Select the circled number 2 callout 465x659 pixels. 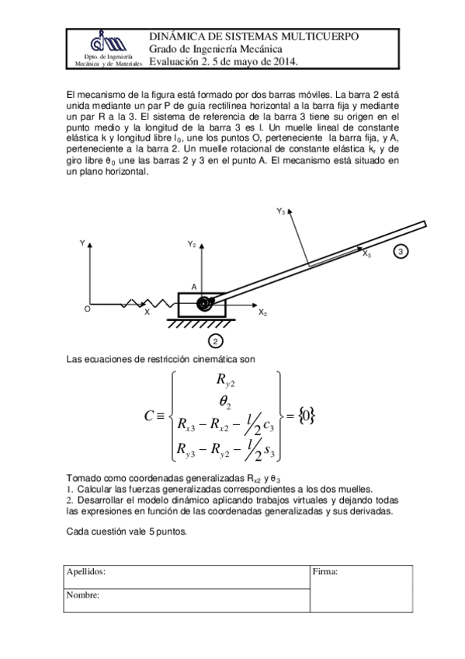pos(216,340)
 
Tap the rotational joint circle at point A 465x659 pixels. pos(205,305)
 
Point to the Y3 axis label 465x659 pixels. pos(281,211)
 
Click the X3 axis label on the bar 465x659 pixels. pos(367,253)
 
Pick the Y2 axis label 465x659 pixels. pos(192,244)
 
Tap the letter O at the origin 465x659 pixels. pos(87,309)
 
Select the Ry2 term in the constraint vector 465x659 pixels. pos(226,381)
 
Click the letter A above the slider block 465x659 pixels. pos(194,286)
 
